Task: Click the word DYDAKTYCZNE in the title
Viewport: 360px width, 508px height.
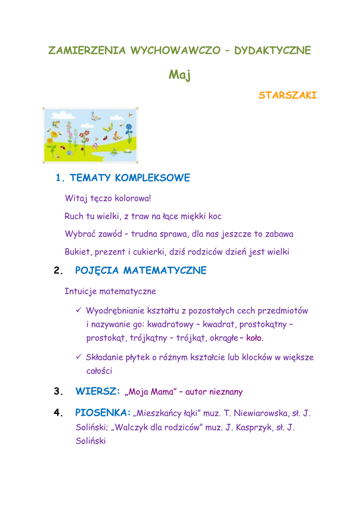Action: click(273, 50)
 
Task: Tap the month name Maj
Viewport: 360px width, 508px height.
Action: click(179, 75)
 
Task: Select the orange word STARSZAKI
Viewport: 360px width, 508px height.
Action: click(288, 95)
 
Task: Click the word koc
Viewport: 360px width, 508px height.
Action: click(215, 216)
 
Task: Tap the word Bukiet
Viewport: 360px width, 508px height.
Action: click(77, 252)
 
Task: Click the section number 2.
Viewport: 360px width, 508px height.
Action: click(58, 271)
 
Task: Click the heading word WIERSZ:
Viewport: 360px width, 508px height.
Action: click(98, 391)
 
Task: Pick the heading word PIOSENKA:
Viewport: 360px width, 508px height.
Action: click(103, 412)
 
